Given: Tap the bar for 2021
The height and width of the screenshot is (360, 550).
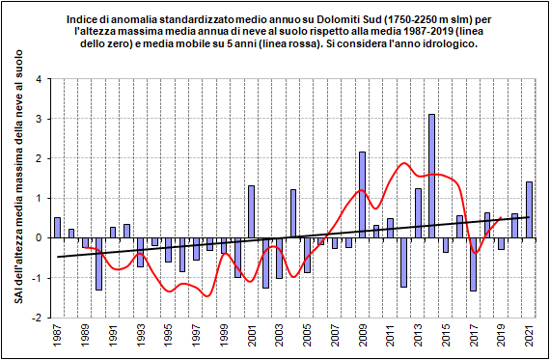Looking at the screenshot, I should coord(529,209).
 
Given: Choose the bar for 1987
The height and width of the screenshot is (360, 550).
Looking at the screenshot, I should coord(57,228).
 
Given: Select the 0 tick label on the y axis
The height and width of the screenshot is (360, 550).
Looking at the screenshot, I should coord(39,237).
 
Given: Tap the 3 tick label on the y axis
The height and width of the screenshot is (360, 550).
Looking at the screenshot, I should coord(39,119).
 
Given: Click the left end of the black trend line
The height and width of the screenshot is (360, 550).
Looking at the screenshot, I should coord(58,257).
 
